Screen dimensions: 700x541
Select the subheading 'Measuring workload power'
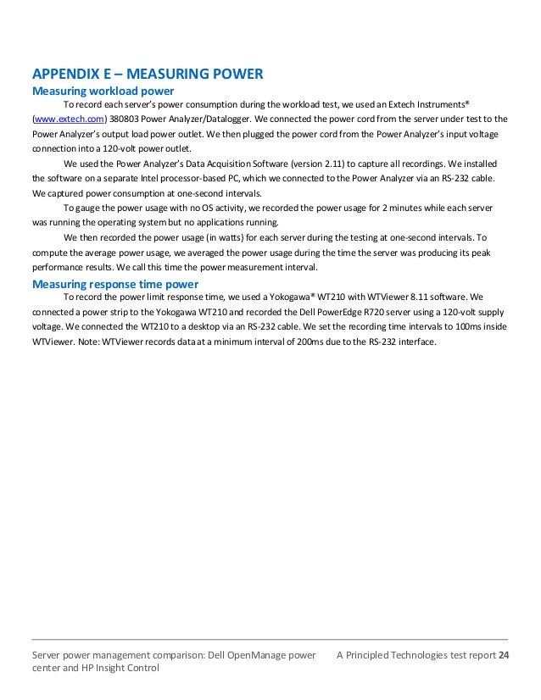103,91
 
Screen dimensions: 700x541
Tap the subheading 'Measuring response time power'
114,284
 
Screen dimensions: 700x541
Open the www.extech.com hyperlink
69,119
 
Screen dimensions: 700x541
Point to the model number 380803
125,119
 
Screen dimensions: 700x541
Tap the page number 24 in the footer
504,655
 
